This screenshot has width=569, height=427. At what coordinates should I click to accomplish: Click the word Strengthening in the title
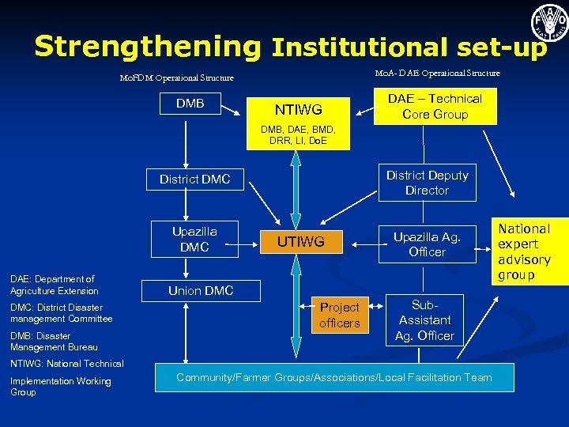147,47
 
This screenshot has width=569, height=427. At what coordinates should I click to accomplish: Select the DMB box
190,104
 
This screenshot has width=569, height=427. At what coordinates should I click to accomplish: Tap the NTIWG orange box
298,108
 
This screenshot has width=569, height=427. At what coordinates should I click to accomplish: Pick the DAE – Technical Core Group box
435,107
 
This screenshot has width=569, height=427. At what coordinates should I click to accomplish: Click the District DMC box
194,179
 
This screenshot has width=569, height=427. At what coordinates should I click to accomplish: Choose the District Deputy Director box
427,183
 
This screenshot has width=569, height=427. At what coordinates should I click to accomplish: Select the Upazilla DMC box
194,239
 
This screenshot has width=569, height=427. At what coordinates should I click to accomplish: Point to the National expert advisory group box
524,251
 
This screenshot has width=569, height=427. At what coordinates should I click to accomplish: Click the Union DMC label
201,291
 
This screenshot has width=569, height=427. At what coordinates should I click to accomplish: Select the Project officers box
339,315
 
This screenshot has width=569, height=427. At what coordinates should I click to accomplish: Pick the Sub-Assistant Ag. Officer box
426,319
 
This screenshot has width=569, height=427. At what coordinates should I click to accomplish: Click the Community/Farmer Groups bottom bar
333,378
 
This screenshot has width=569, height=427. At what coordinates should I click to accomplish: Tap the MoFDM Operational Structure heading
176,78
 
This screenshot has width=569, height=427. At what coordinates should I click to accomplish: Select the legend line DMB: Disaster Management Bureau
54,342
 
